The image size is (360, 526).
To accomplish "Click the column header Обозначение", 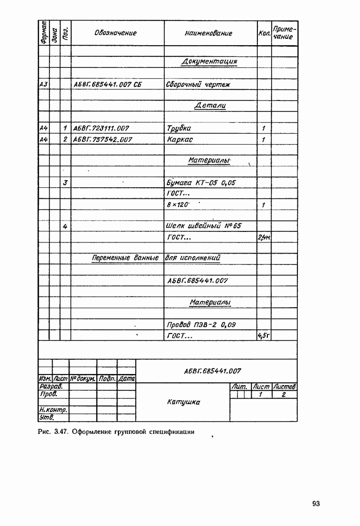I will click(x=115, y=33).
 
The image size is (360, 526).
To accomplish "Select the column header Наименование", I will click(x=208, y=33).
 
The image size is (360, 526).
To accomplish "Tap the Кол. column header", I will click(x=264, y=33).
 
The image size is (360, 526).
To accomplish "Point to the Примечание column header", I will click(x=284, y=33).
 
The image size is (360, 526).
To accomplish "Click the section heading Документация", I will click(x=209, y=62).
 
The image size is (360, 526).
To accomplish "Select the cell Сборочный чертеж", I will click(x=191, y=84).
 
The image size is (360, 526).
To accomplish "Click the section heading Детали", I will click(x=210, y=106).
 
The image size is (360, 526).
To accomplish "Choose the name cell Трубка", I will click(x=178, y=128).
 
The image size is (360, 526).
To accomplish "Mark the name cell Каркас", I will click(x=179, y=139).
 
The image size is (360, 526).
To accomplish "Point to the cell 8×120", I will click(x=178, y=205).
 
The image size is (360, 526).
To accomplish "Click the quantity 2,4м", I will click(x=264, y=238).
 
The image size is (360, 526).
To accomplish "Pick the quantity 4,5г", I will click(x=264, y=336).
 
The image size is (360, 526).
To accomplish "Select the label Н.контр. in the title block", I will click(x=49, y=410).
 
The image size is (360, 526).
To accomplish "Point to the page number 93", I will click(x=316, y=503).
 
